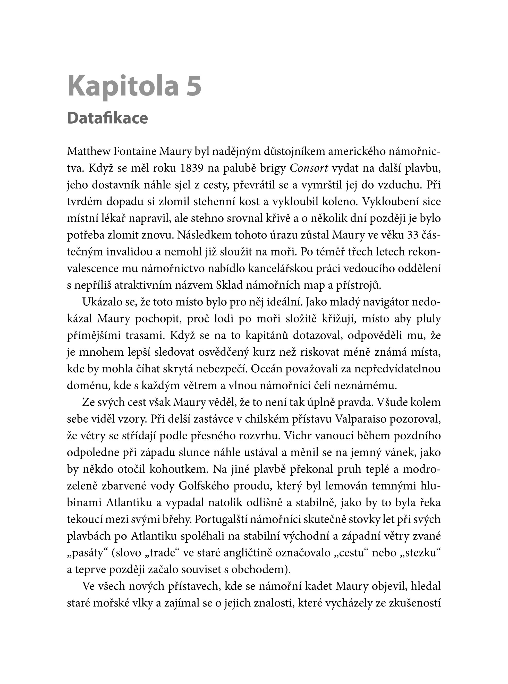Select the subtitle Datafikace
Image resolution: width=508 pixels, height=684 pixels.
[x=107, y=118]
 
